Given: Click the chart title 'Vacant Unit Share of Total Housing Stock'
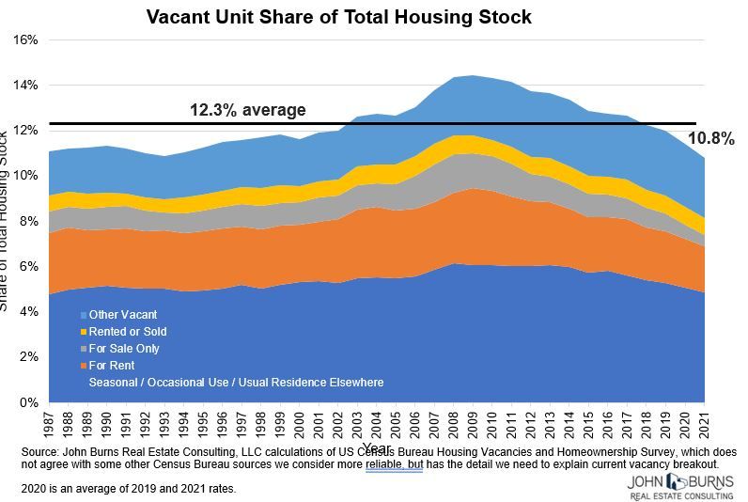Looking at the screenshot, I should point(338,17).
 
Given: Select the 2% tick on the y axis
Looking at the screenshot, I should point(25,357).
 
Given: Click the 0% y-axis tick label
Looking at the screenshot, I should point(25,402).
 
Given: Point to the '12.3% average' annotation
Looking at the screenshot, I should point(247,110).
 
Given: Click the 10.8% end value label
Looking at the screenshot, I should point(710,139).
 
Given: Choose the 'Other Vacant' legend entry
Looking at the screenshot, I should point(122,315).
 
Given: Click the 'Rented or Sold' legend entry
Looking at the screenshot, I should point(127,332).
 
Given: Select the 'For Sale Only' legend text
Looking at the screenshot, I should point(124,349).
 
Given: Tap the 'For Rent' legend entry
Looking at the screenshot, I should point(112,366).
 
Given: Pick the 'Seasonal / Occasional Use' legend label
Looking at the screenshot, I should point(236,383).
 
